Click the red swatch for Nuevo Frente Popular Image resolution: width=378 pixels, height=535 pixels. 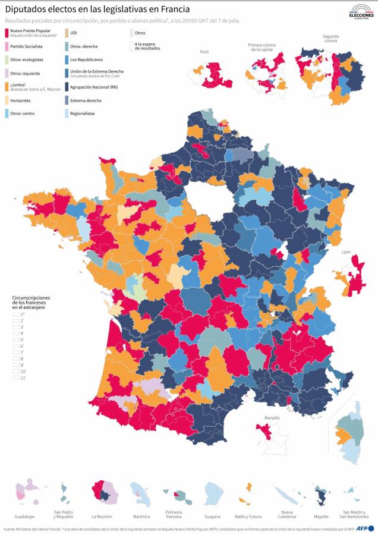tap(7, 32)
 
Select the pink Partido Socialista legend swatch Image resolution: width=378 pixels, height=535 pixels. tap(7, 46)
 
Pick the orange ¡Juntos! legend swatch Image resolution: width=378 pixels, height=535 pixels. tap(7, 87)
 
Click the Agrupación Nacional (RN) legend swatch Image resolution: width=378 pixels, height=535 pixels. tap(66, 87)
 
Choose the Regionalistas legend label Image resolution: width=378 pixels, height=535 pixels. tap(82, 114)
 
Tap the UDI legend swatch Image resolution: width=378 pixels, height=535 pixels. tap(66, 32)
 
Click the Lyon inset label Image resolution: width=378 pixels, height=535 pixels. tap(346, 252)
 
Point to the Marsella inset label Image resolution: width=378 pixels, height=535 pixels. tap(272, 418)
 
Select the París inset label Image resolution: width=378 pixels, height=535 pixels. tap(204, 52)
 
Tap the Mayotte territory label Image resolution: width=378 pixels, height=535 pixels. tap(321, 517)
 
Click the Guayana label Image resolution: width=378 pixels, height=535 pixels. tap(212, 517)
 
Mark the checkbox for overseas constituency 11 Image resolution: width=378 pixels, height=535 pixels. tap(16, 377)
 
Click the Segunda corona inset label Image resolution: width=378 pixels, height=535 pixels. tap(330, 39)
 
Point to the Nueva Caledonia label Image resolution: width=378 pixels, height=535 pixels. tap(286, 514)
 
